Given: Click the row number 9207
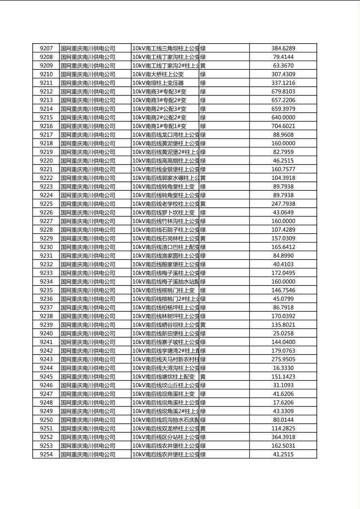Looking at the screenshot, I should pos(46,48).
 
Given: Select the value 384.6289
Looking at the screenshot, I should pos(283,48).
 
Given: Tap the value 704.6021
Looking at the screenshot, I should pos(283,126).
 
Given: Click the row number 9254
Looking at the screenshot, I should pos(46,455).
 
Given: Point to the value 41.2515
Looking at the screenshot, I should pos(283,455).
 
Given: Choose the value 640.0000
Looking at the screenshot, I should pos(283,117).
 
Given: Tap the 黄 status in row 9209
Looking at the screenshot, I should pos(203,66).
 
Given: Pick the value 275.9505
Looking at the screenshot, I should pos(283,359).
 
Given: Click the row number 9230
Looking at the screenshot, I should pos(46,247).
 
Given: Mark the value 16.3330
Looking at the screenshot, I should pos(283,368).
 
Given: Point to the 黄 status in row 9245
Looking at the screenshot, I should pos(203,377).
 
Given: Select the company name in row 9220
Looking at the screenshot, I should pos(88,161).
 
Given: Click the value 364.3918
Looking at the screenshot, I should pos(283,437).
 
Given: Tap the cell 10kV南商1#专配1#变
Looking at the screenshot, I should pos(159,126).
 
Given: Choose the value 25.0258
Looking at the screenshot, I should pos(283,334).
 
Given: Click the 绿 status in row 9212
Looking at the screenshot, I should pos(203,92).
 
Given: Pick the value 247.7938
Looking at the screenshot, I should pos(283,204).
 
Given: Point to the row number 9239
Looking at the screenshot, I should pos(46,325).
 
